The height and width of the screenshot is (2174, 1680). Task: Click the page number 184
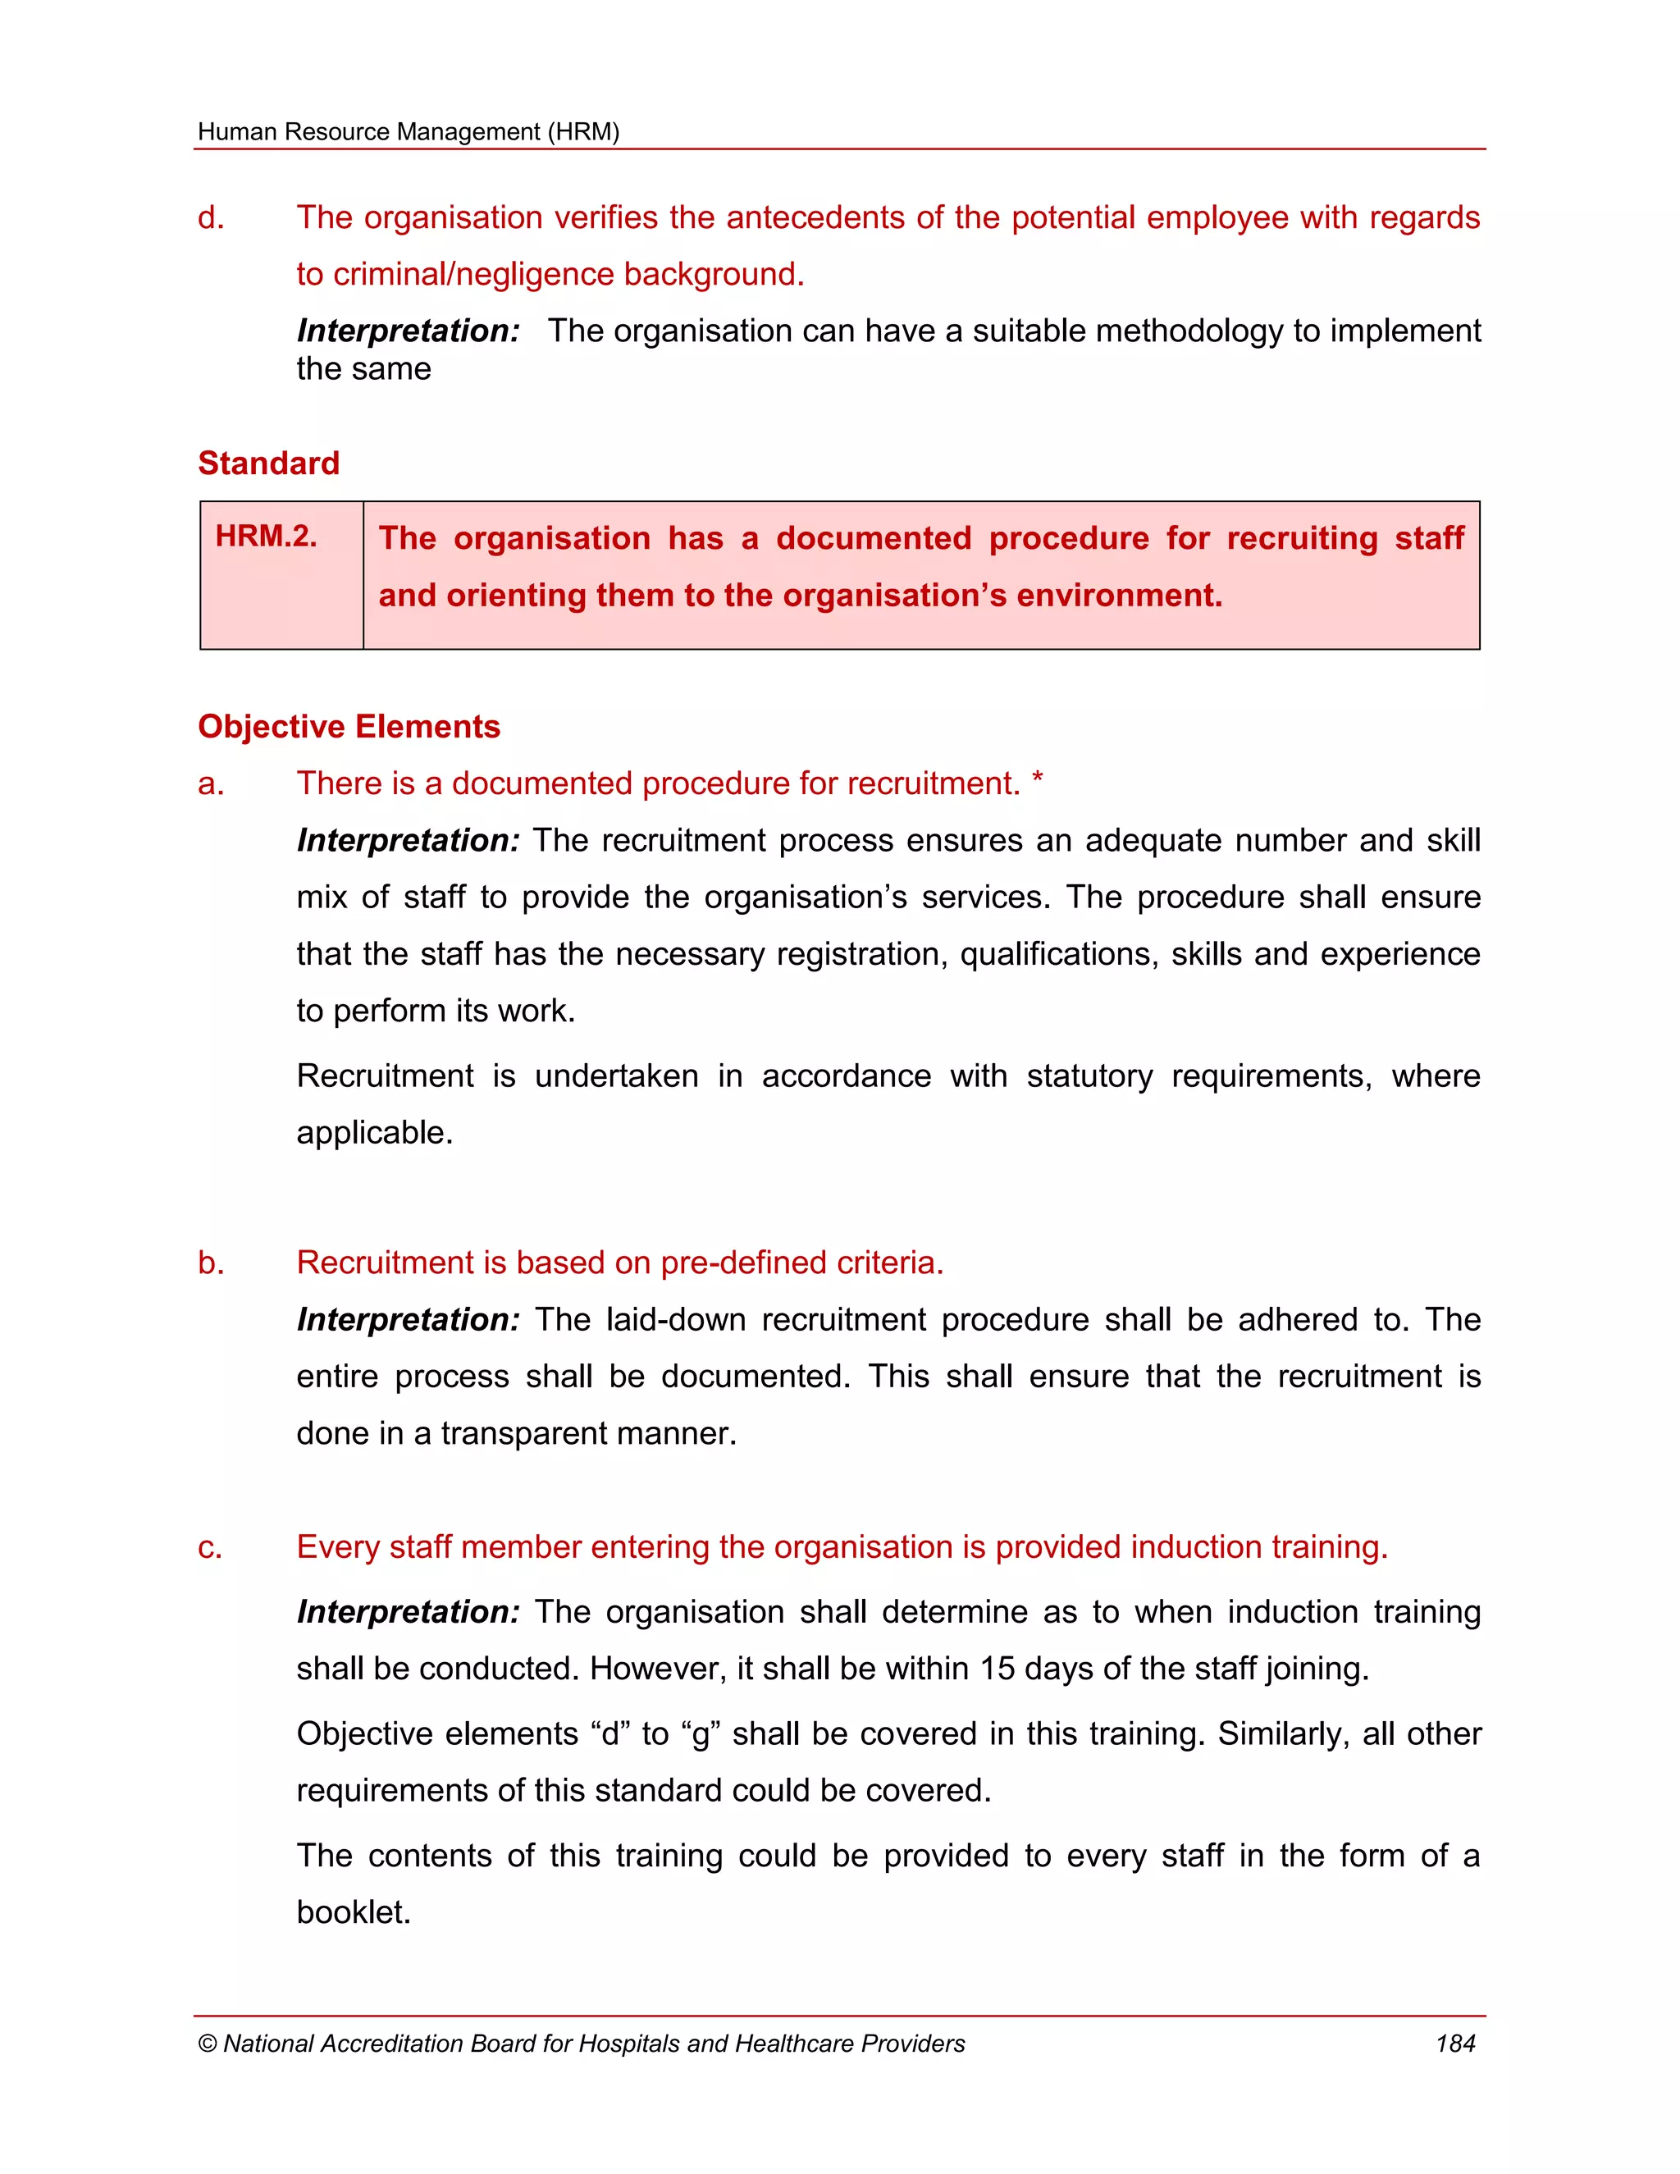click(x=1454, y=2044)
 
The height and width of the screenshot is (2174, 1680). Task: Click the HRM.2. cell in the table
click(x=266, y=537)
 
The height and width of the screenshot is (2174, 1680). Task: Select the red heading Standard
click(x=269, y=463)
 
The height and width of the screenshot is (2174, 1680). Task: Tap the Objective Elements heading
click(x=349, y=727)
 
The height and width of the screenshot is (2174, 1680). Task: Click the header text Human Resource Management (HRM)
click(x=408, y=131)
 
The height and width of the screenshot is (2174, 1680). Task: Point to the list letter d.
click(x=210, y=218)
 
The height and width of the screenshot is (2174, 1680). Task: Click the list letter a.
click(x=210, y=784)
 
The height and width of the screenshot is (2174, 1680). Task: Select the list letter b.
click(x=210, y=1263)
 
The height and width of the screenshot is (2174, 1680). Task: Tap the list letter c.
click(x=209, y=1548)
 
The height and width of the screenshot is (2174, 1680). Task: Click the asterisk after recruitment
click(x=1037, y=780)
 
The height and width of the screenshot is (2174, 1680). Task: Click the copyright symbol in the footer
click(x=207, y=2044)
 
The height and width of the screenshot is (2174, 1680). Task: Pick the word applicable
click(x=373, y=1134)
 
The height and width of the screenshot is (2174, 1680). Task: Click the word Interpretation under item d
click(x=408, y=331)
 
